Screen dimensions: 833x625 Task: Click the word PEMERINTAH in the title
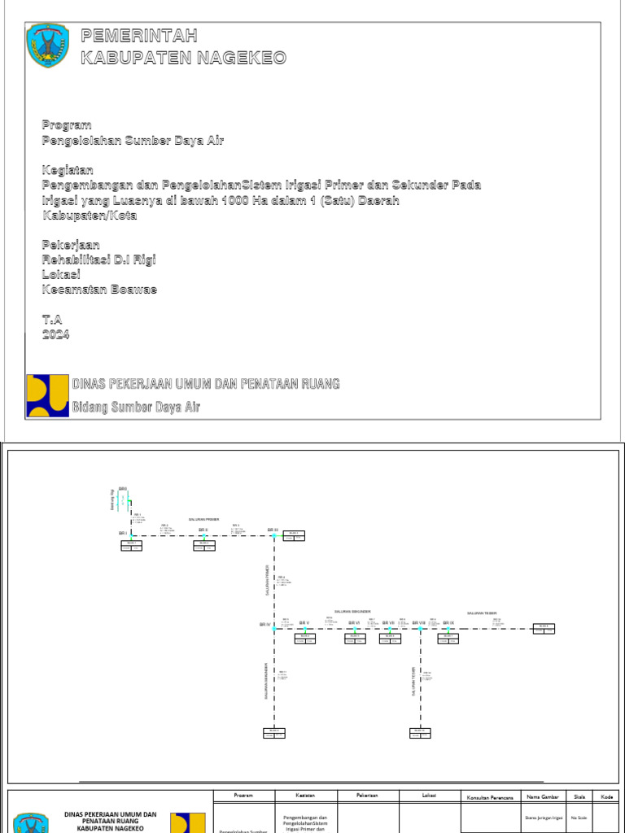pyautogui.click(x=139, y=34)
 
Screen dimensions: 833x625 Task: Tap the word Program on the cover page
pyautogui.click(x=62, y=124)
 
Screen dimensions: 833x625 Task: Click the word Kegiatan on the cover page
pyautogui.click(x=68, y=170)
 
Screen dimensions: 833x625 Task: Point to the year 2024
pyautogui.click(x=56, y=334)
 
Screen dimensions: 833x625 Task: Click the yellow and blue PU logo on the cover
pyautogui.click(x=47, y=395)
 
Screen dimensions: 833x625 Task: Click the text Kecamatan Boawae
pyautogui.click(x=99, y=290)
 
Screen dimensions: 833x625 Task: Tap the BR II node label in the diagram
pyautogui.click(x=203, y=530)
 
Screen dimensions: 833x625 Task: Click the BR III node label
pyautogui.click(x=273, y=530)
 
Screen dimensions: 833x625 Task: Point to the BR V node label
pyautogui.click(x=304, y=623)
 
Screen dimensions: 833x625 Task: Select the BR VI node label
pyautogui.click(x=354, y=623)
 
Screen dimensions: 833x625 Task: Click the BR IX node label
pyautogui.click(x=448, y=623)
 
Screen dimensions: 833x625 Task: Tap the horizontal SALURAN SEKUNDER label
pyautogui.click(x=352, y=612)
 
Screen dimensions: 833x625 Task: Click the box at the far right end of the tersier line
pyautogui.click(x=544, y=627)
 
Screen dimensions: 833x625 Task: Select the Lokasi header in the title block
pyautogui.click(x=430, y=795)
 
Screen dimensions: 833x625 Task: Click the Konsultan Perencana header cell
pyautogui.click(x=489, y=796)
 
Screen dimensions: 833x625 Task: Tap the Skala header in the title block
pyautogui.click(x=579, y=796)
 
